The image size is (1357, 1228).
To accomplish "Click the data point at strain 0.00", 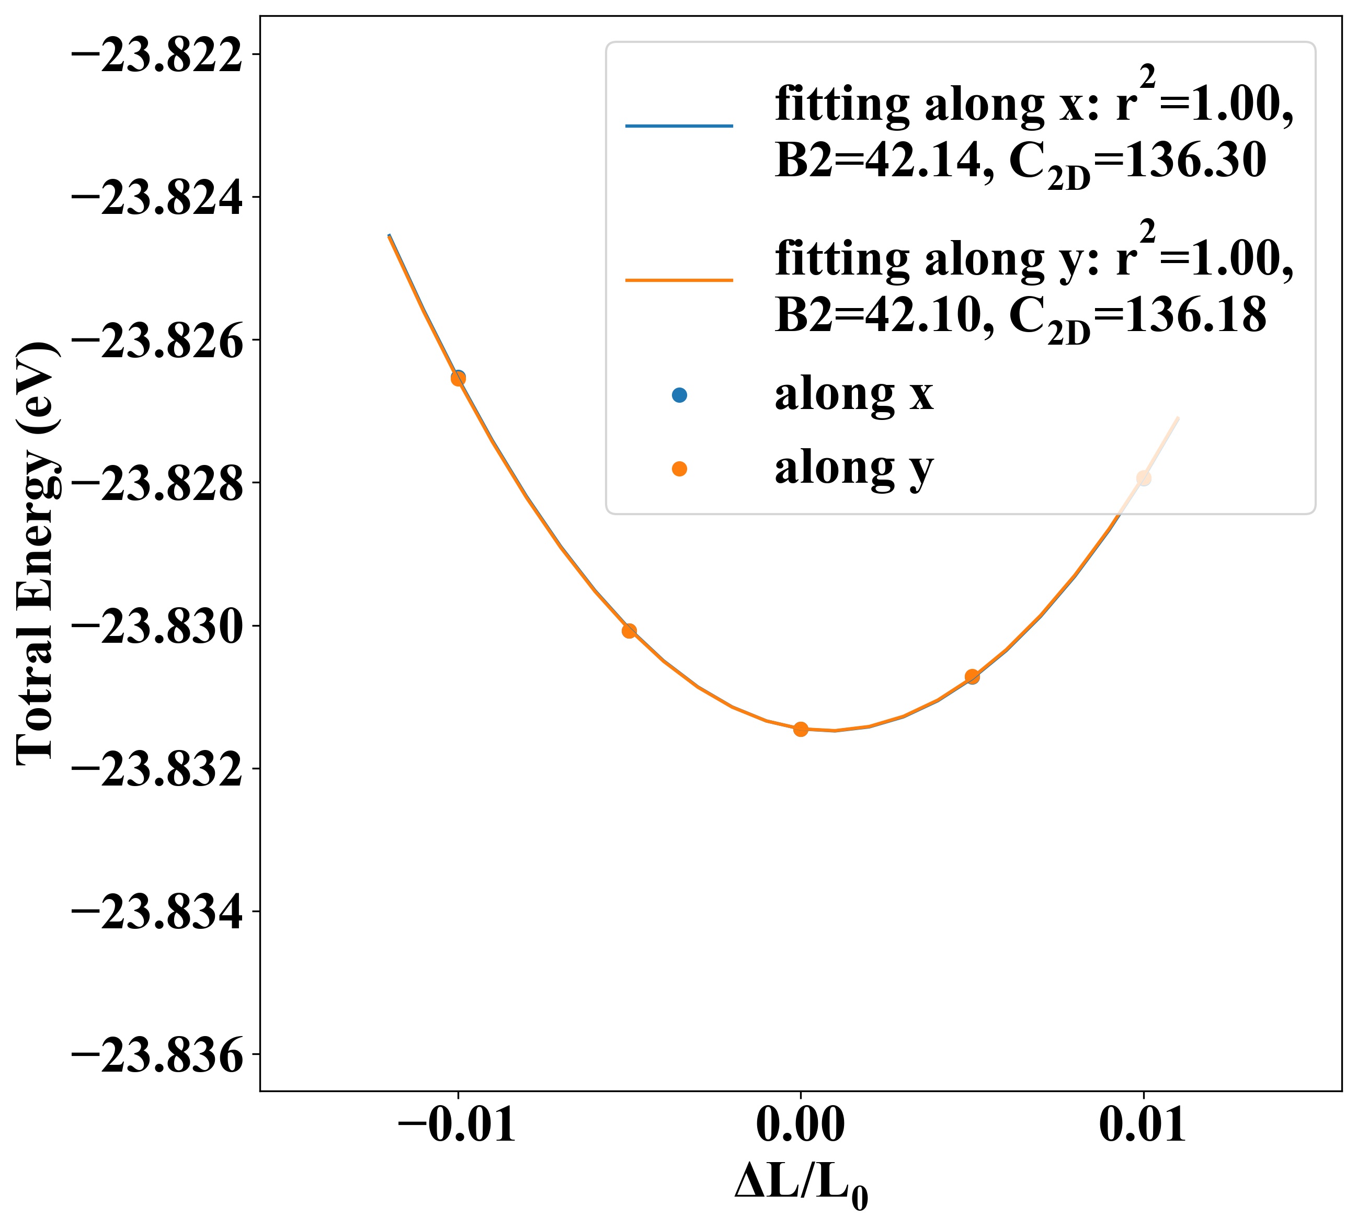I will tap(800, 729).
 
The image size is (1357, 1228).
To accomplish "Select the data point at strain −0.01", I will tap(458, 378).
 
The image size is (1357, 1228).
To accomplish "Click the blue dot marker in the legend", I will tap(679, 396).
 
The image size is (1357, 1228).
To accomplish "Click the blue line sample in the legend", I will tap(679, 126).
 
